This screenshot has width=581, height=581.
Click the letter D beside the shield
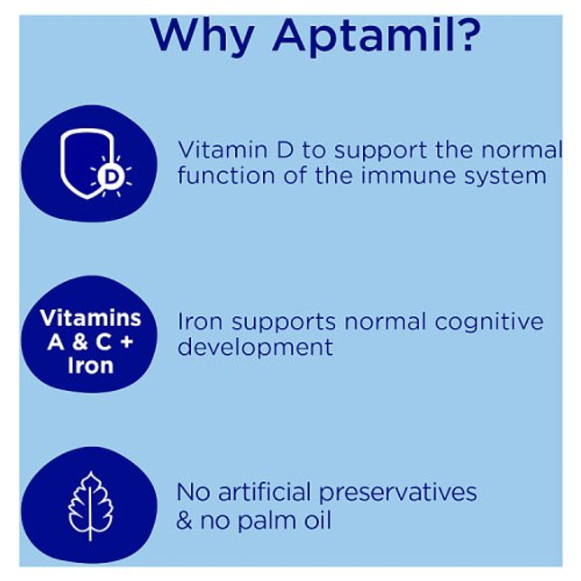click(x=110, y=177)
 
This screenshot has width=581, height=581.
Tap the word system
click(x=504, y=175)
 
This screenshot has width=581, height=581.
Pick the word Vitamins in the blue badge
click(x=90, y=318)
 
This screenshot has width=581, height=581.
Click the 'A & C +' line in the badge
click(x=90, y=342)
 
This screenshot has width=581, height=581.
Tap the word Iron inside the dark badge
click(x=90, y=367)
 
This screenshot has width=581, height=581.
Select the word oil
click(x=316, y=520)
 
